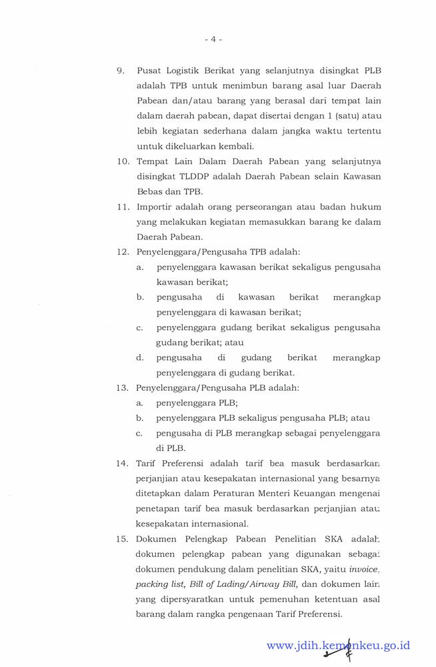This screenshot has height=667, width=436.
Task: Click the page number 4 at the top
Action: click(x=213, y=39)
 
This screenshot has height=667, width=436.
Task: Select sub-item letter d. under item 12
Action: click(x=140, y=358)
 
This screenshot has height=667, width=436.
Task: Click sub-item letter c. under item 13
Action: click(x=140, y=433)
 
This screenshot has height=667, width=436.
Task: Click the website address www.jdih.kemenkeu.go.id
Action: click(x=338, y=645)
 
